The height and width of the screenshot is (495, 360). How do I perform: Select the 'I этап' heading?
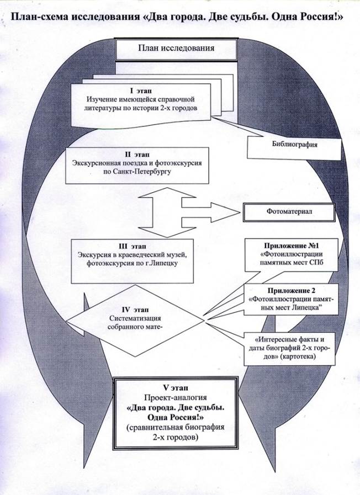click(x=140, y=89)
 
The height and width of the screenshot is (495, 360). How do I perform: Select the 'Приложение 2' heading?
click(x=290, y=291)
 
